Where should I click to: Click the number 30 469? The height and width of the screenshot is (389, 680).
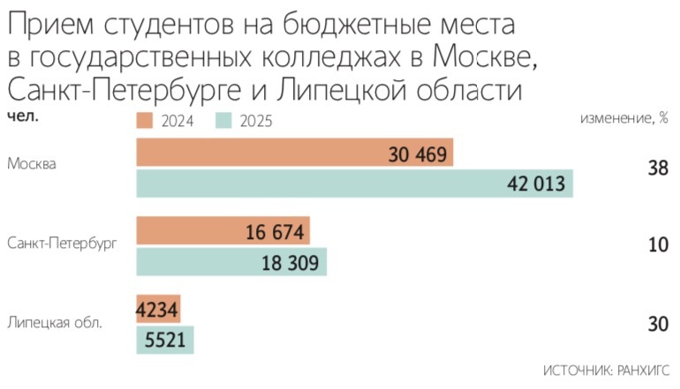[x=419, y=154]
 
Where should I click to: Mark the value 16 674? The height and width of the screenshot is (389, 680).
[x=276, y=233]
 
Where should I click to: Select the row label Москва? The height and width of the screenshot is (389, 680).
[x=32, y=165]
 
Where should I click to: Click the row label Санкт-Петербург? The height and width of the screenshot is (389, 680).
[x=61, y=242]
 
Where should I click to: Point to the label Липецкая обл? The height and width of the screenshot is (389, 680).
[x=55, y=322]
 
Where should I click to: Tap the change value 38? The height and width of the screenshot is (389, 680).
[x=657, y=168]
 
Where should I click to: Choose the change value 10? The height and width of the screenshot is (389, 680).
[x=657, y=245]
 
